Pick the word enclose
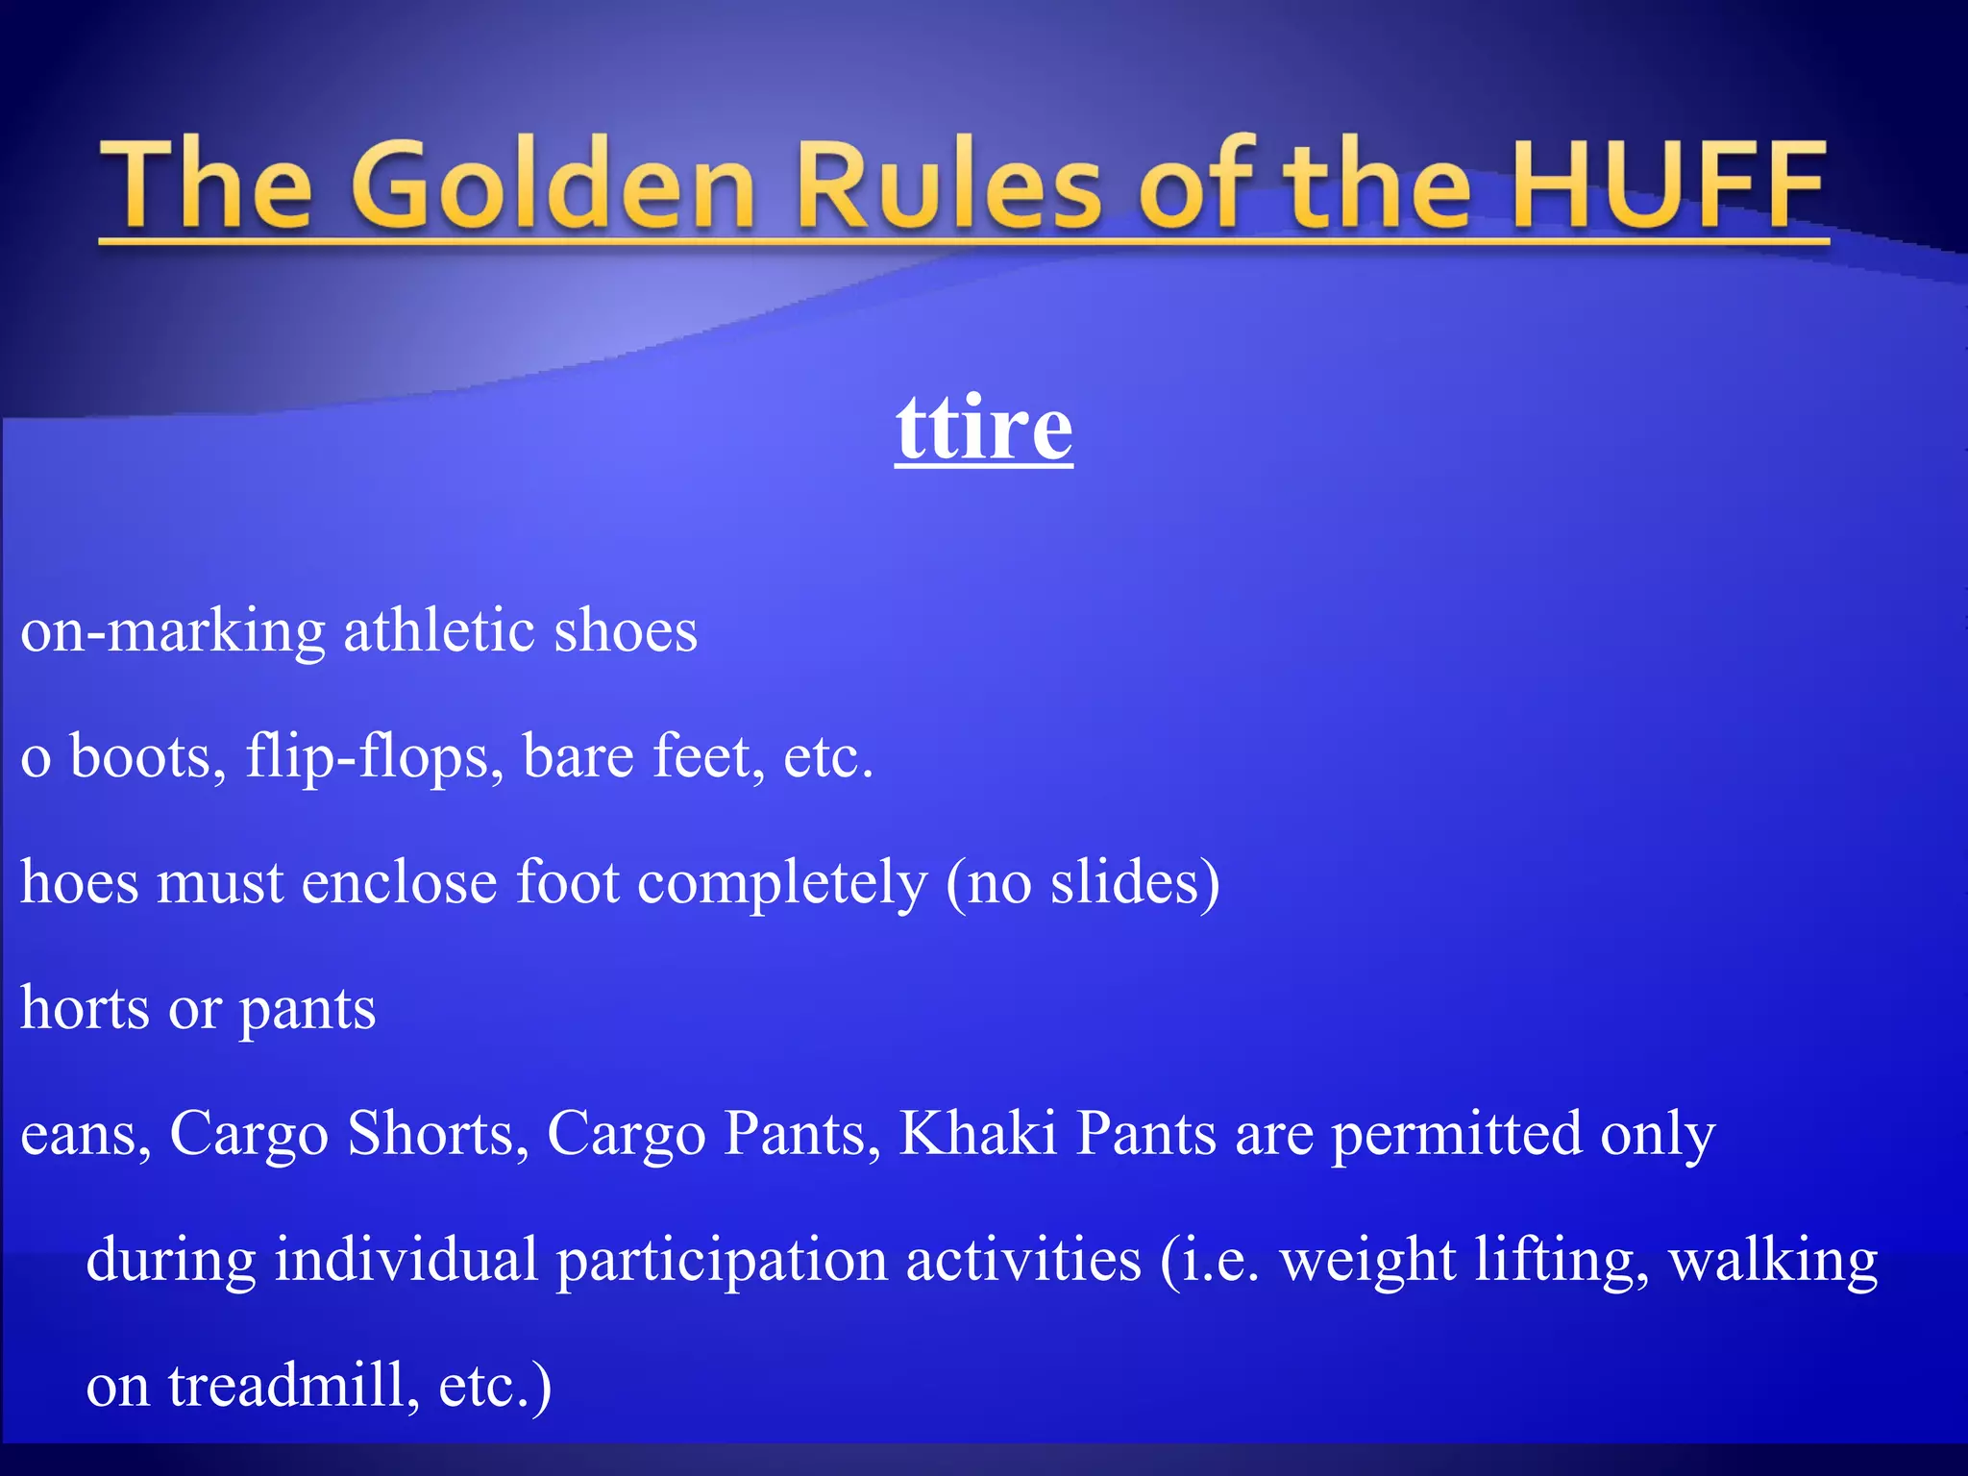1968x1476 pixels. (399, 882)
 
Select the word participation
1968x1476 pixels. (722, 1262)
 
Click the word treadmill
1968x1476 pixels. (293, 1386)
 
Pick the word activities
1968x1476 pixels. (1023, 1260)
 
